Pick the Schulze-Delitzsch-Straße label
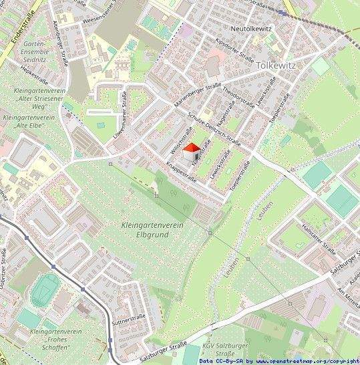(214, 128)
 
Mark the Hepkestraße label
(32, 72)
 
